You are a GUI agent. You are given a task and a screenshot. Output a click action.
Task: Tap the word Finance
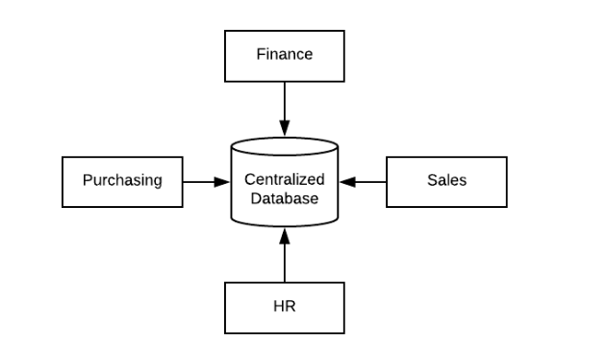(284, 54)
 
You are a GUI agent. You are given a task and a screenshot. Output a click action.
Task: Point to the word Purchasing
(121, 180)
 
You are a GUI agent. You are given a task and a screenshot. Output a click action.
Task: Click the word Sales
(446, 180)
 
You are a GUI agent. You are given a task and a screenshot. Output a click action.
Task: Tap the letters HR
(284, 308)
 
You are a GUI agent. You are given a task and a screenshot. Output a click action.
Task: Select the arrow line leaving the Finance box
(284, 102)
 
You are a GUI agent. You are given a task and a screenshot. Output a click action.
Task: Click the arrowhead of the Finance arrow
(284, 129)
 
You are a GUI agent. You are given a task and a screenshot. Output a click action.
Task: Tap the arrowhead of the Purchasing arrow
(224, 181)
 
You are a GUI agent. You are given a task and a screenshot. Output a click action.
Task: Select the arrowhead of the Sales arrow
(346, 181)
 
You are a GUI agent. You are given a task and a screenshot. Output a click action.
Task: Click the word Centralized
(285, 180)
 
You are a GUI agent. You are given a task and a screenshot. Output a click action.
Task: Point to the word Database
(285, 198)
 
